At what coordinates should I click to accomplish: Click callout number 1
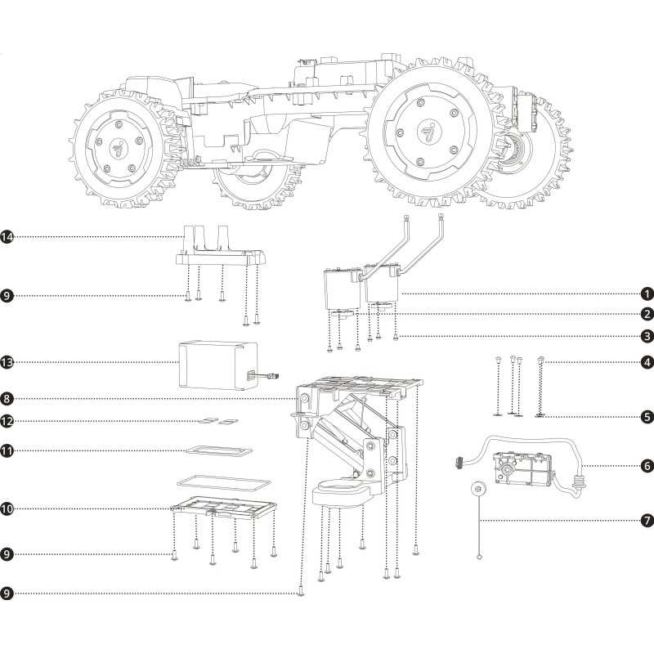[647, 294]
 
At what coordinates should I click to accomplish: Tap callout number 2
[647, 314]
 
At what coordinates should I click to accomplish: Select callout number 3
[647, 336]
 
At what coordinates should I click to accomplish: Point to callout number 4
[647, 362]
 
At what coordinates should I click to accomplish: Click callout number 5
[647, 416]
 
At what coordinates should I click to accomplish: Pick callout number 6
[647, 465]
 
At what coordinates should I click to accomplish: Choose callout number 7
[647, 521]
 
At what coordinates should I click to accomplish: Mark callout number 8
[7, 399]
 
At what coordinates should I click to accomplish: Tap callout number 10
[7, 508]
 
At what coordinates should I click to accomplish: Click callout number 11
[7, 451]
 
